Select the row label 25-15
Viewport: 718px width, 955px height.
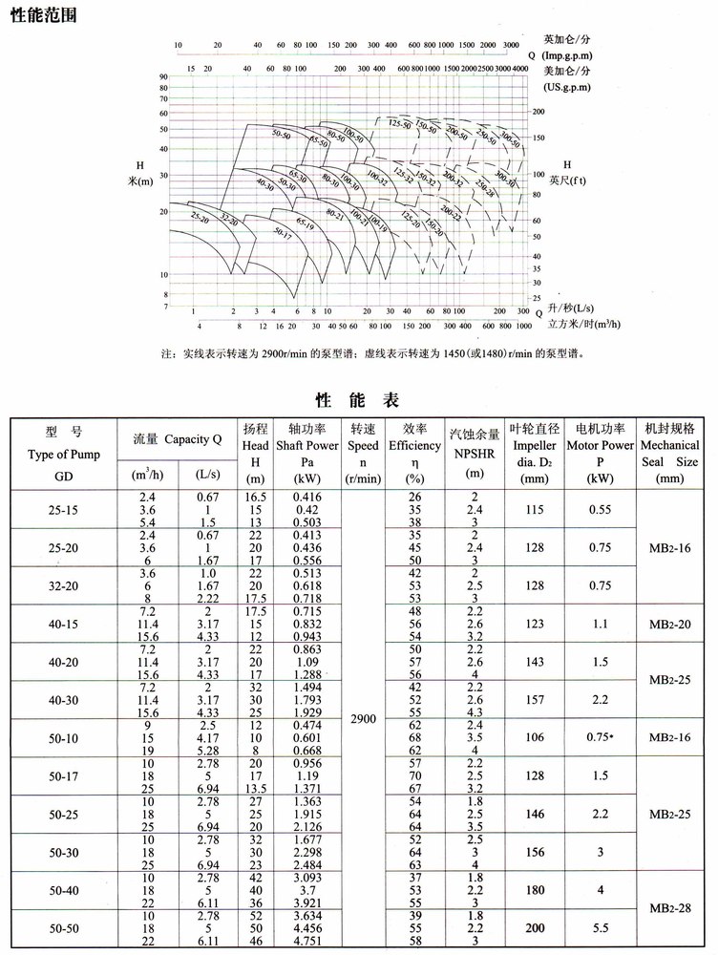tap(64, 511)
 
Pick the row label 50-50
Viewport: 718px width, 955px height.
tap(64, 926)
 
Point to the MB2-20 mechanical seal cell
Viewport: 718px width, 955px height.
tap(674, 624)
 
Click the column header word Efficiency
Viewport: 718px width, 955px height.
tap(414, 446)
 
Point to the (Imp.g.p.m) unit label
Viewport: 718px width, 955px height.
tap(569, 56)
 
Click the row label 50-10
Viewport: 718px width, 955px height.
tap(64, 737)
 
